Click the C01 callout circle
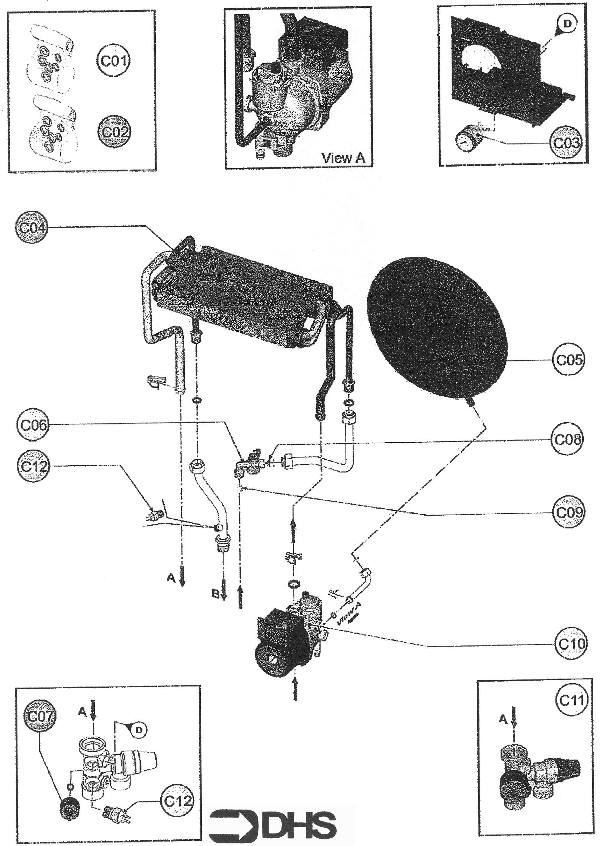(113, 61)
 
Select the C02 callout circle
(114, 132)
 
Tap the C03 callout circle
(566, 142)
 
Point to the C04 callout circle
(32, 227)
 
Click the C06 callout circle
(33, 425)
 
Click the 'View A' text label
(343, 158)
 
